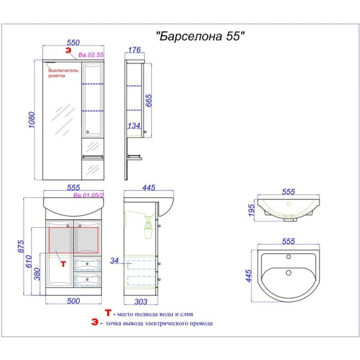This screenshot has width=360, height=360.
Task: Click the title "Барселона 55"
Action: coord(200,36)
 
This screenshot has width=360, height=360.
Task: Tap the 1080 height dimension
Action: coord(32,120)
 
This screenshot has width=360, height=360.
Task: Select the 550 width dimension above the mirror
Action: coord(73,42)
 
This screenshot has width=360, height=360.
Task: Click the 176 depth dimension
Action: coord(134,50)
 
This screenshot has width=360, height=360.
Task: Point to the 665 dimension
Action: coord(148,100)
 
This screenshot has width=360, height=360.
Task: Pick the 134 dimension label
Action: coord(134,126)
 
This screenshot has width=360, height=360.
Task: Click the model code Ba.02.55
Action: coord(91,55)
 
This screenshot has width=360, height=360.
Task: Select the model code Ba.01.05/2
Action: coord(89,195)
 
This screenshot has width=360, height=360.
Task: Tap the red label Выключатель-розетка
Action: coord(64,73)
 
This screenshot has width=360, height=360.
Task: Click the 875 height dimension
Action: coord(21,246)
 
